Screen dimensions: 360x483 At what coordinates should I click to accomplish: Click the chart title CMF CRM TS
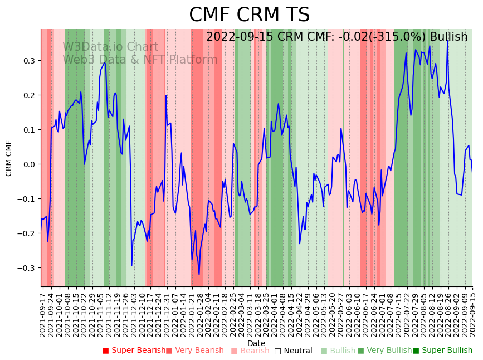pyautogui.click(x=249, y=15)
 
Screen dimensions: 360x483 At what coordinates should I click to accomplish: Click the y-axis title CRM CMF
pyautogui.click(x=9, y=158)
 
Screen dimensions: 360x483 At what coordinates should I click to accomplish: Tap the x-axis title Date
pyautogui.click(x=256, y=343)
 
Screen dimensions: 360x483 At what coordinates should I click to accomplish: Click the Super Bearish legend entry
pyautogui.click(x=134, y=351)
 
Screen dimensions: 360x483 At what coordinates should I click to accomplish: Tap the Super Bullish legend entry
pyautogui.click(x=442, y=351)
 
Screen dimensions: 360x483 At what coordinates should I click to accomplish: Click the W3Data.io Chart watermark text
pyautogui.click(x=110, y=47)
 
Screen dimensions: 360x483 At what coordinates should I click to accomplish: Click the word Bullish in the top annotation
pyautogui.click(x=448, y=37)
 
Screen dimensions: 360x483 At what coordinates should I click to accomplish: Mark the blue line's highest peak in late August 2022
pyautogui.click(x=447, y=40)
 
